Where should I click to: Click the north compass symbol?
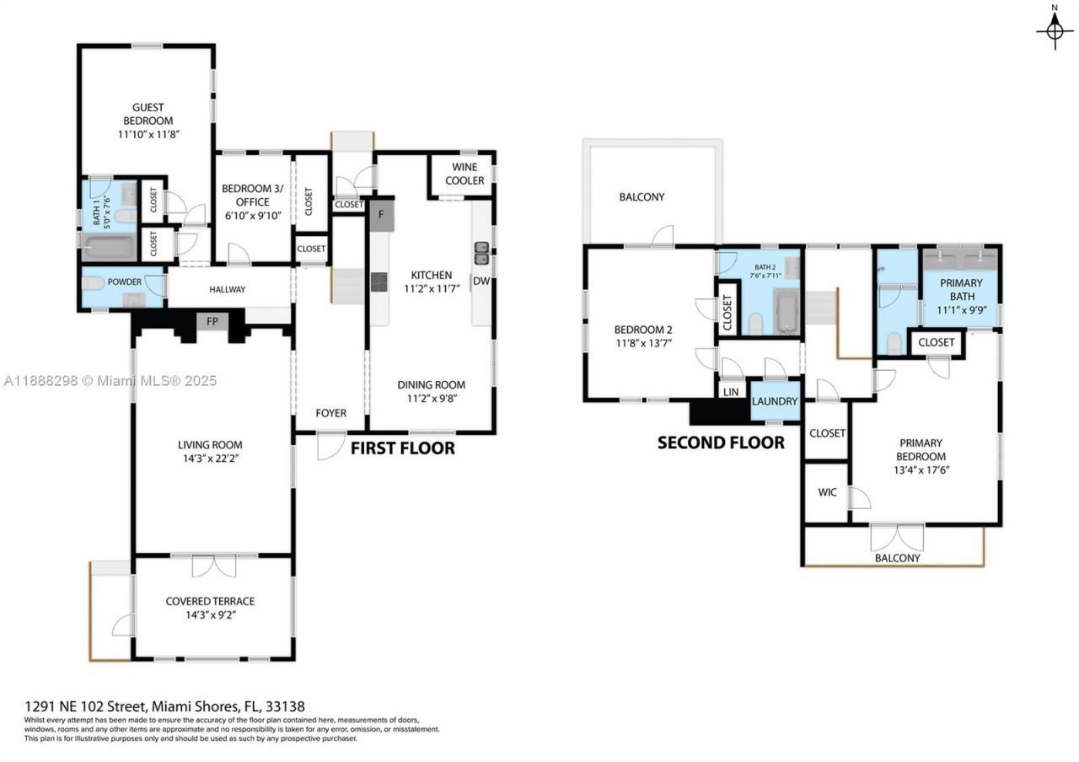(x=1054, y=30)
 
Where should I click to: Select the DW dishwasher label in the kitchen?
(x=481, y=281)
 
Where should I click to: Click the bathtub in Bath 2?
(x=786, y=310)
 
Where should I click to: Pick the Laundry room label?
(x=774, y=401)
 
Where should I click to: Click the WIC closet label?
(x=827, y=491)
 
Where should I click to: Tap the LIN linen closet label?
(x=729, y=393)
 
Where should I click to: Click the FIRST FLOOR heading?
(x=402, y=448)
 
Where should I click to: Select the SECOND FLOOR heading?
(x=720, y=443)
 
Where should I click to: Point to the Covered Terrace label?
(x=210, y=601)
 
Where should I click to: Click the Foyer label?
(x=330, y=413)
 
